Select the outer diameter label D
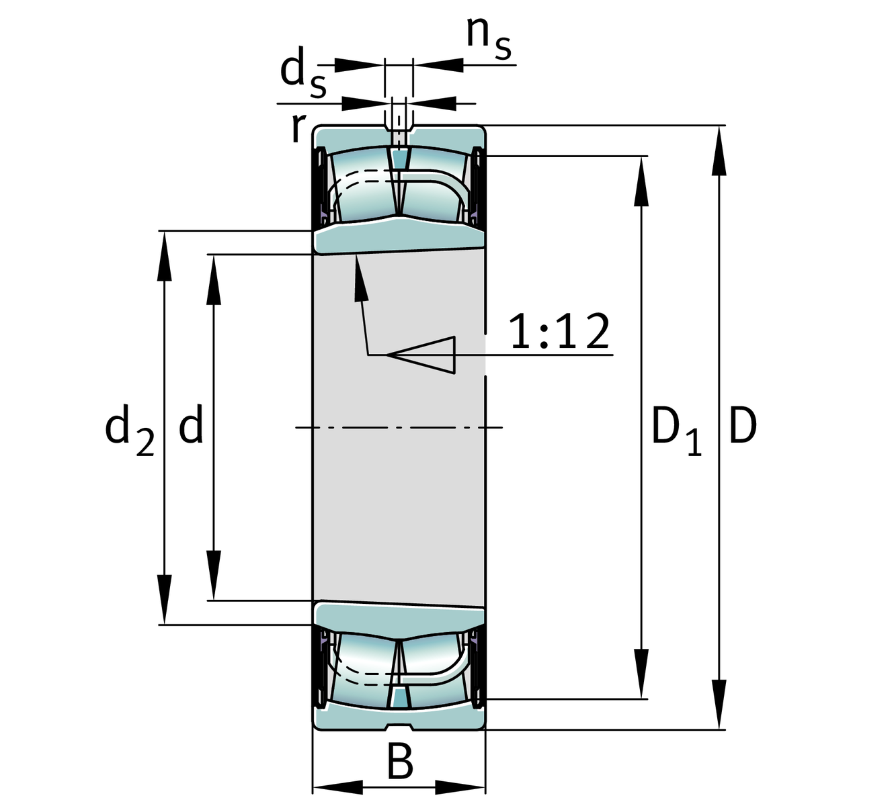pos(743,427)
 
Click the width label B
pos(400,762)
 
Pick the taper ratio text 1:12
pos(559,332)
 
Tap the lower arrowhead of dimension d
pos(214,575)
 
